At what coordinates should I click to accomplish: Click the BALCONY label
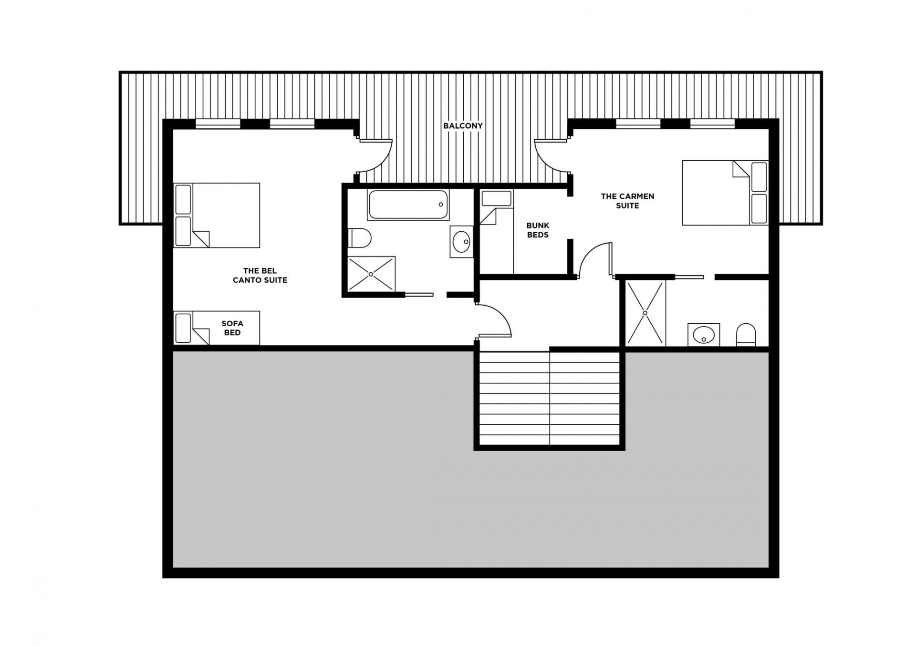click(x=463, y=126)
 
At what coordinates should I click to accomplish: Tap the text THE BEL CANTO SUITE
click(x=260, y=276)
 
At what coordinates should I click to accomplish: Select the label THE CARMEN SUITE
click(x=627, y=201)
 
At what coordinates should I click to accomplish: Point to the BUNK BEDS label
click(x=538, y=230)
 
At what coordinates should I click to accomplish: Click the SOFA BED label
click(x=232, y=328)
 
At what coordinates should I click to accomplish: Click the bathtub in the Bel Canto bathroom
click(x=408, y=205)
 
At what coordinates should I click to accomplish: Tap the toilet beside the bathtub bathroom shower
click(x=360, y=237)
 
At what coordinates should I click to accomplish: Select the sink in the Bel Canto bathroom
click(x=461, y=242)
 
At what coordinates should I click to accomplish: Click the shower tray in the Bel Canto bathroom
click(x=371, y=274)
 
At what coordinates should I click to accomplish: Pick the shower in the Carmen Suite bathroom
click(x=645, y=313)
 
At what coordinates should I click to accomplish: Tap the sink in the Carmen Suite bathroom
click(x=704, y=335)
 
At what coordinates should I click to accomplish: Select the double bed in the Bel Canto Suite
click(x=217, y=215)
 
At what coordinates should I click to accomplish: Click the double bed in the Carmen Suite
click(x=724, y=193)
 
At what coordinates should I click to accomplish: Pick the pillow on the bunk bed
click(x=497, y=198)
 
